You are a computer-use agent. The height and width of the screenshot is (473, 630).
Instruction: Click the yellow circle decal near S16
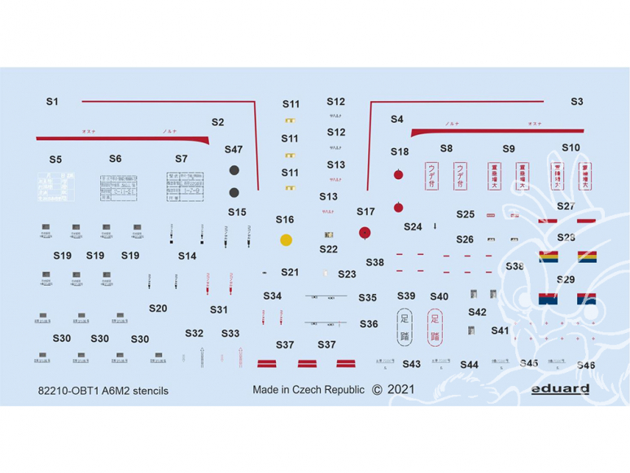(x=286, y=240)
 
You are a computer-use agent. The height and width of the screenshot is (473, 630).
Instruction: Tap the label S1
(x=52, y=102)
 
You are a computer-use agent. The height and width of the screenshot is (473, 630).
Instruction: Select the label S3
(x=576, y=102)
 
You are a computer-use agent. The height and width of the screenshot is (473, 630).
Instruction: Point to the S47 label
(x=234, y=150)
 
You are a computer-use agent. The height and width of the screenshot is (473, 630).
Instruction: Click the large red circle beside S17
(x=365, y=232)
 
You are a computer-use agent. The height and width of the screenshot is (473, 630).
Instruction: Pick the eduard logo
(x=561, y=389)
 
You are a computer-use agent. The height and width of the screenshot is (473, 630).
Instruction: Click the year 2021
(x=401, y=389)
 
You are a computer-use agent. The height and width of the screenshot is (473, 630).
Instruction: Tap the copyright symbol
(x=376, y=389)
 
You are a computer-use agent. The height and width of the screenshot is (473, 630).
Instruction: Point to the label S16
(x=285, y=220)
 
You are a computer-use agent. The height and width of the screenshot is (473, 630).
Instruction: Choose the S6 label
(x=115, y=159)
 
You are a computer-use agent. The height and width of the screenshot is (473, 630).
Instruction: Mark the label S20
(x=158, y=309)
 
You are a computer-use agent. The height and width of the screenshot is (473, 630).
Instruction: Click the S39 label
(x=406, y=296)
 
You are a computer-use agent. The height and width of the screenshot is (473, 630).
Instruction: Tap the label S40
(x=439, y=296)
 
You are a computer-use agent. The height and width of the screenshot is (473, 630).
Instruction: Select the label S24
(x=413, y=227)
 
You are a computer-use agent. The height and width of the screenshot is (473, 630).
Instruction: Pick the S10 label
(x=571, y=148)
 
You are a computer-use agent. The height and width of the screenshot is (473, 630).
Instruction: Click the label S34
(x=273, y=296)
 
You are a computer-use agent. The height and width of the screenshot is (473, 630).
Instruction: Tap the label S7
(x=181, y=159)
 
